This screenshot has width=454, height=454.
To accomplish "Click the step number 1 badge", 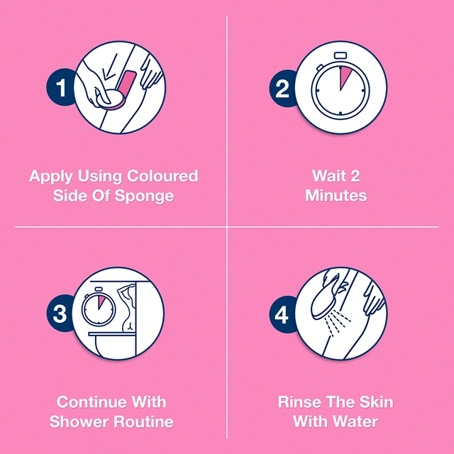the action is tap(60, 87).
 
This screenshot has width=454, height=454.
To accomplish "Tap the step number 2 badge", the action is tap(282, 88).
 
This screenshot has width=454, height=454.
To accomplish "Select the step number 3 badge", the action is tap(60, 314).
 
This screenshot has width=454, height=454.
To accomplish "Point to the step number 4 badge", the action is tap(282, 314).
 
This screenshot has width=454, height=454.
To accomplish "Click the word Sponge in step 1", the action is tap(144, 196).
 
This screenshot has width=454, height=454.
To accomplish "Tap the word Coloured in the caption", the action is tap(162, 176).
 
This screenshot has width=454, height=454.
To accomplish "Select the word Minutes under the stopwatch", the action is tap(336, 196).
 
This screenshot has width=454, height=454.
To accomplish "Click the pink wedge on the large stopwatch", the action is tap(345, 76).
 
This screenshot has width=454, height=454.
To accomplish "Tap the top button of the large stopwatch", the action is tap(340, 55).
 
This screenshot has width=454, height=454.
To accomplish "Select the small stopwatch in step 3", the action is tap(99, 306).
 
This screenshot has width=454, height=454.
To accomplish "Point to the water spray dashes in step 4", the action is tap(338, 323).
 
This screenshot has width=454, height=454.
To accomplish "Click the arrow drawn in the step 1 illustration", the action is tap(110, 68).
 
